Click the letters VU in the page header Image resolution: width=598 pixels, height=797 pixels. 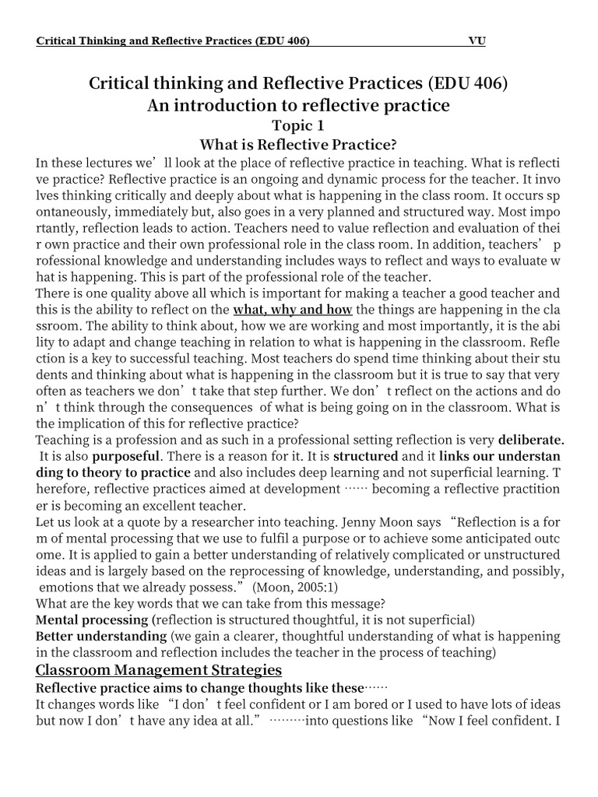click(476, 40)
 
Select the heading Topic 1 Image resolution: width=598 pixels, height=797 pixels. click(298, 125)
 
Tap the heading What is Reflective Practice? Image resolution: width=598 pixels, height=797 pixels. click(299, 144)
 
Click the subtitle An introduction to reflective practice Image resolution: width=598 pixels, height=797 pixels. click(298, 105)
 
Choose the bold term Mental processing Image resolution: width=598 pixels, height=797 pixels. click(92, 620)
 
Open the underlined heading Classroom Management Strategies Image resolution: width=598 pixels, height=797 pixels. click(159, 669)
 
